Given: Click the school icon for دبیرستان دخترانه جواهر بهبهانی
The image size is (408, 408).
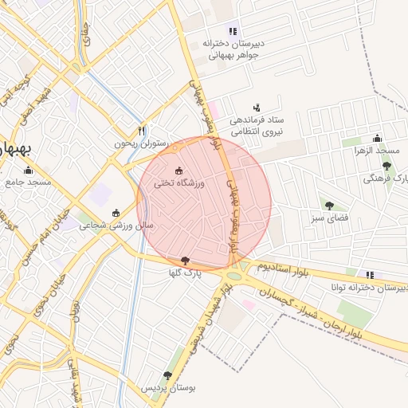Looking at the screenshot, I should point(233,30).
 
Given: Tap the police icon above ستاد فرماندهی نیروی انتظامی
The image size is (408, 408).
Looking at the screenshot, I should point(257,107).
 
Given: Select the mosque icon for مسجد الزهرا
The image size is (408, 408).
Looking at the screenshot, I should point(378,138).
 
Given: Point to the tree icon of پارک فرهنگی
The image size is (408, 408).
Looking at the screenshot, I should point(386,167).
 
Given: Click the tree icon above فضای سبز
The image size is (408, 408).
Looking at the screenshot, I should point(327,205).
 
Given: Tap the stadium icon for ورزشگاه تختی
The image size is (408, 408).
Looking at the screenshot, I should point(178,171).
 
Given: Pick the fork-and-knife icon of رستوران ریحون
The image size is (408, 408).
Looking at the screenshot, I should point(142,131).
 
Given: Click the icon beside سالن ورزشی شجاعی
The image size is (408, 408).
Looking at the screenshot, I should point(116,213).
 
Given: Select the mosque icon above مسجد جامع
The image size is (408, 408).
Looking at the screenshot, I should point(29,170).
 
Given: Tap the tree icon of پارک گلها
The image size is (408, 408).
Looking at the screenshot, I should point(186,261).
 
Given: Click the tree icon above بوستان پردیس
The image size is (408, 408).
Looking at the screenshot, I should point(167,375).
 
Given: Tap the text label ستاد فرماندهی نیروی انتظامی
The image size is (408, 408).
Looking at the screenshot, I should point(257,126).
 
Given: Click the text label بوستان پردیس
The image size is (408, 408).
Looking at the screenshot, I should point(167,388).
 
